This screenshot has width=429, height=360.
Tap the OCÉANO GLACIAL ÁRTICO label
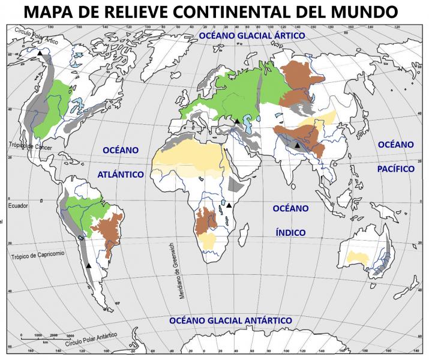click(x=252, y=37)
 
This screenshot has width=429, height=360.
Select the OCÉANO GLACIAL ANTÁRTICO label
click(x=230, y=320)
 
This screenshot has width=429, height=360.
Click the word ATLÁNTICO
click(x=120, y=174)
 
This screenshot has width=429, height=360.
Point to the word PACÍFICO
click(x=396, y=169)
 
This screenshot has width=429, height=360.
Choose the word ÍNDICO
click(x=290, y=232)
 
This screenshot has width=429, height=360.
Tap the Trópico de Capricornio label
click(x=45, y=256)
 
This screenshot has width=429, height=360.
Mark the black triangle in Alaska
click(x=40, y=54)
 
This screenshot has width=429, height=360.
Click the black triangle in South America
click(x=89, y=265)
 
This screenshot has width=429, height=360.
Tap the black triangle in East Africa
click(x=229, y=205)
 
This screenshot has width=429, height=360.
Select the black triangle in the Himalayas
click(x=297, y=145)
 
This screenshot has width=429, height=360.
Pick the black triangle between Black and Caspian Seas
click(x=237, y=121)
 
